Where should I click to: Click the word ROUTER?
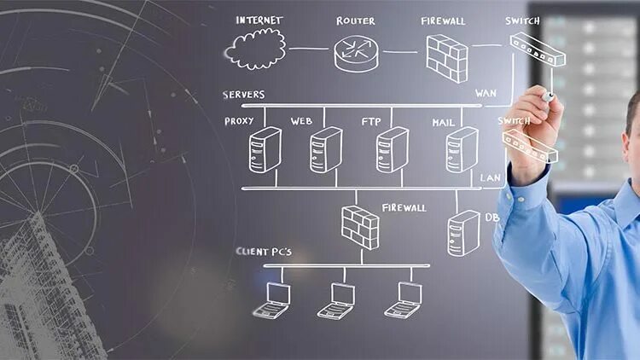point(355,20)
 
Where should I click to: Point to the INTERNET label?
point(259,20)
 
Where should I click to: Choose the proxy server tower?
point(265,149)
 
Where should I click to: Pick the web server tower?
point(325,149)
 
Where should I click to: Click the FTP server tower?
point(392,149)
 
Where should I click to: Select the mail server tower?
point(461,149)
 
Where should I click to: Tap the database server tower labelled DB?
point(463,233)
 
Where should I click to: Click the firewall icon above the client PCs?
point(360,226)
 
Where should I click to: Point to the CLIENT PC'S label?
point(264,252)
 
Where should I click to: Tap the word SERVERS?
point(244,95)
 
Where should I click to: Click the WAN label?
point(486,92)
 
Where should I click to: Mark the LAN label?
point(490,178)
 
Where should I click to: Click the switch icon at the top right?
point(538,49)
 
